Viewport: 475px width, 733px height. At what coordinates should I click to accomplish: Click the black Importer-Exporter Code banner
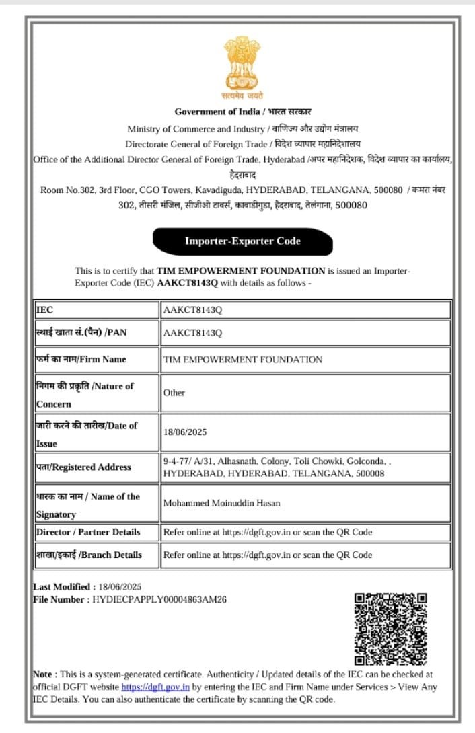242,241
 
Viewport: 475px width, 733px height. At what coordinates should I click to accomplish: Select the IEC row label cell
96,310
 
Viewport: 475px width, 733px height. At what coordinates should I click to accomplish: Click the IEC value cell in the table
305,310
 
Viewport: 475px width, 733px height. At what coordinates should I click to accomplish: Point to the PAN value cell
305,333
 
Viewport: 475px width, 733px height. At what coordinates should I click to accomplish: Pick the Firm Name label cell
96,359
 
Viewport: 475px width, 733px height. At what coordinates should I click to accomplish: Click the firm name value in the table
243,360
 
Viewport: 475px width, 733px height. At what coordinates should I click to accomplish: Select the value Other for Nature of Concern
174,393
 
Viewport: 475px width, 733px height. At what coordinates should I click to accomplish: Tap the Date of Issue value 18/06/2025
185,432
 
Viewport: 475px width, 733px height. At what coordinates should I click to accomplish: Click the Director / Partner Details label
88,532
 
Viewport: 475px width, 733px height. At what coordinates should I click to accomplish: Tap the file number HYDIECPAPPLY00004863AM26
159,599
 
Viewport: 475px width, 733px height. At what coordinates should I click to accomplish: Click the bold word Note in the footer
44,674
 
